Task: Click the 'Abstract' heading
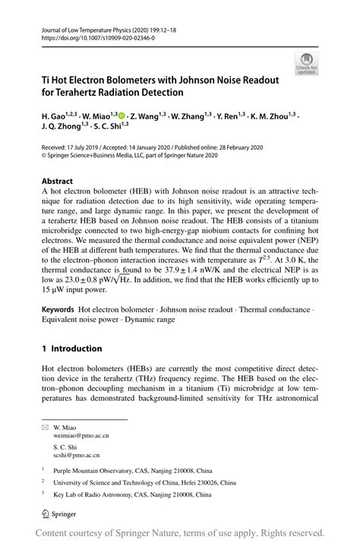click(57, 181)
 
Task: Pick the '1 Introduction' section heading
click(71, 349)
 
